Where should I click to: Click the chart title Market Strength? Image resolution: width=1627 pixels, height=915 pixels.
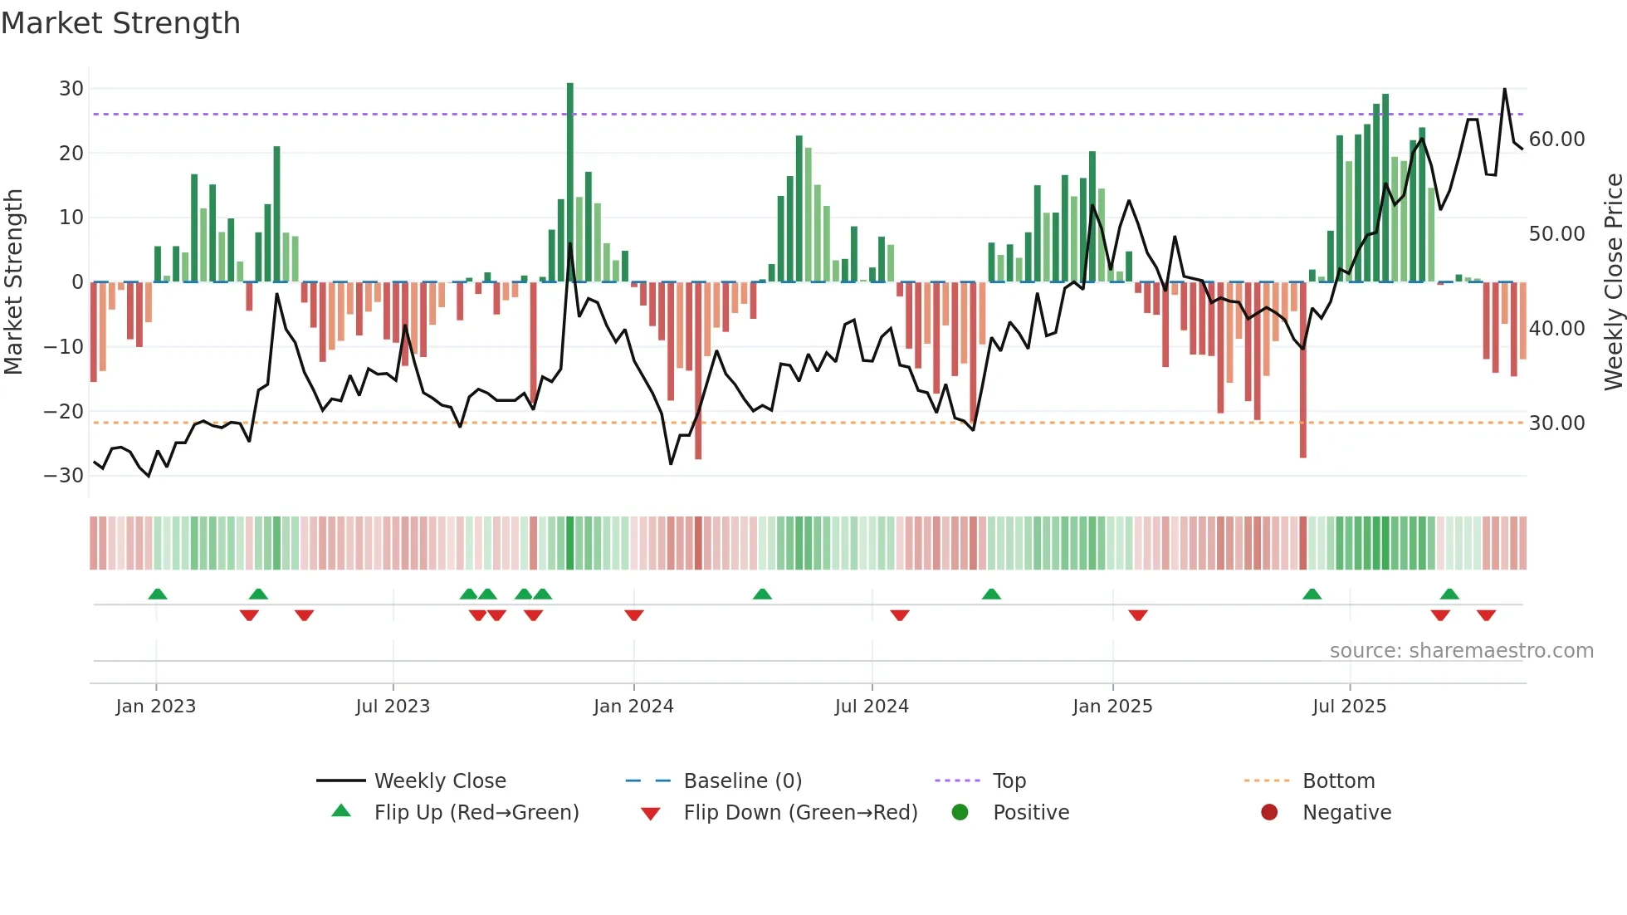click(120, 23)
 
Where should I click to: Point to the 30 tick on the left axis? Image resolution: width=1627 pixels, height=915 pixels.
click(71, 89)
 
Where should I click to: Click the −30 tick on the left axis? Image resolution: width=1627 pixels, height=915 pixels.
click(64, 476)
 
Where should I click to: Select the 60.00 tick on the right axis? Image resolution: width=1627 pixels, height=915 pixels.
click(1556, 139)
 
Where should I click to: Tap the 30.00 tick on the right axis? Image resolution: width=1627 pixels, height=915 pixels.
click(1556, 423)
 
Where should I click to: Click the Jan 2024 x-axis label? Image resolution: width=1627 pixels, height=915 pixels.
click(633, 707)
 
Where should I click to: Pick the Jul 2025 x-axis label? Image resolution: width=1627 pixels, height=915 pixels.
click(1349, 707)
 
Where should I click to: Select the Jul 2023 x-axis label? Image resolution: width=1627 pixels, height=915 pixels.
click(393, 707)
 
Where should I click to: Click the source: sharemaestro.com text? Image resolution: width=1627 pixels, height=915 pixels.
click(1461, 651)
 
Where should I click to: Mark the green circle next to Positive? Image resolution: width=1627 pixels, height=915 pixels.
click(960, 813)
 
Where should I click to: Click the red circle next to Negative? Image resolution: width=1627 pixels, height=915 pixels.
click(1269, 813)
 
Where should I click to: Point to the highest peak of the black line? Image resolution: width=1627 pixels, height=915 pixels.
click(1504, 90)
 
